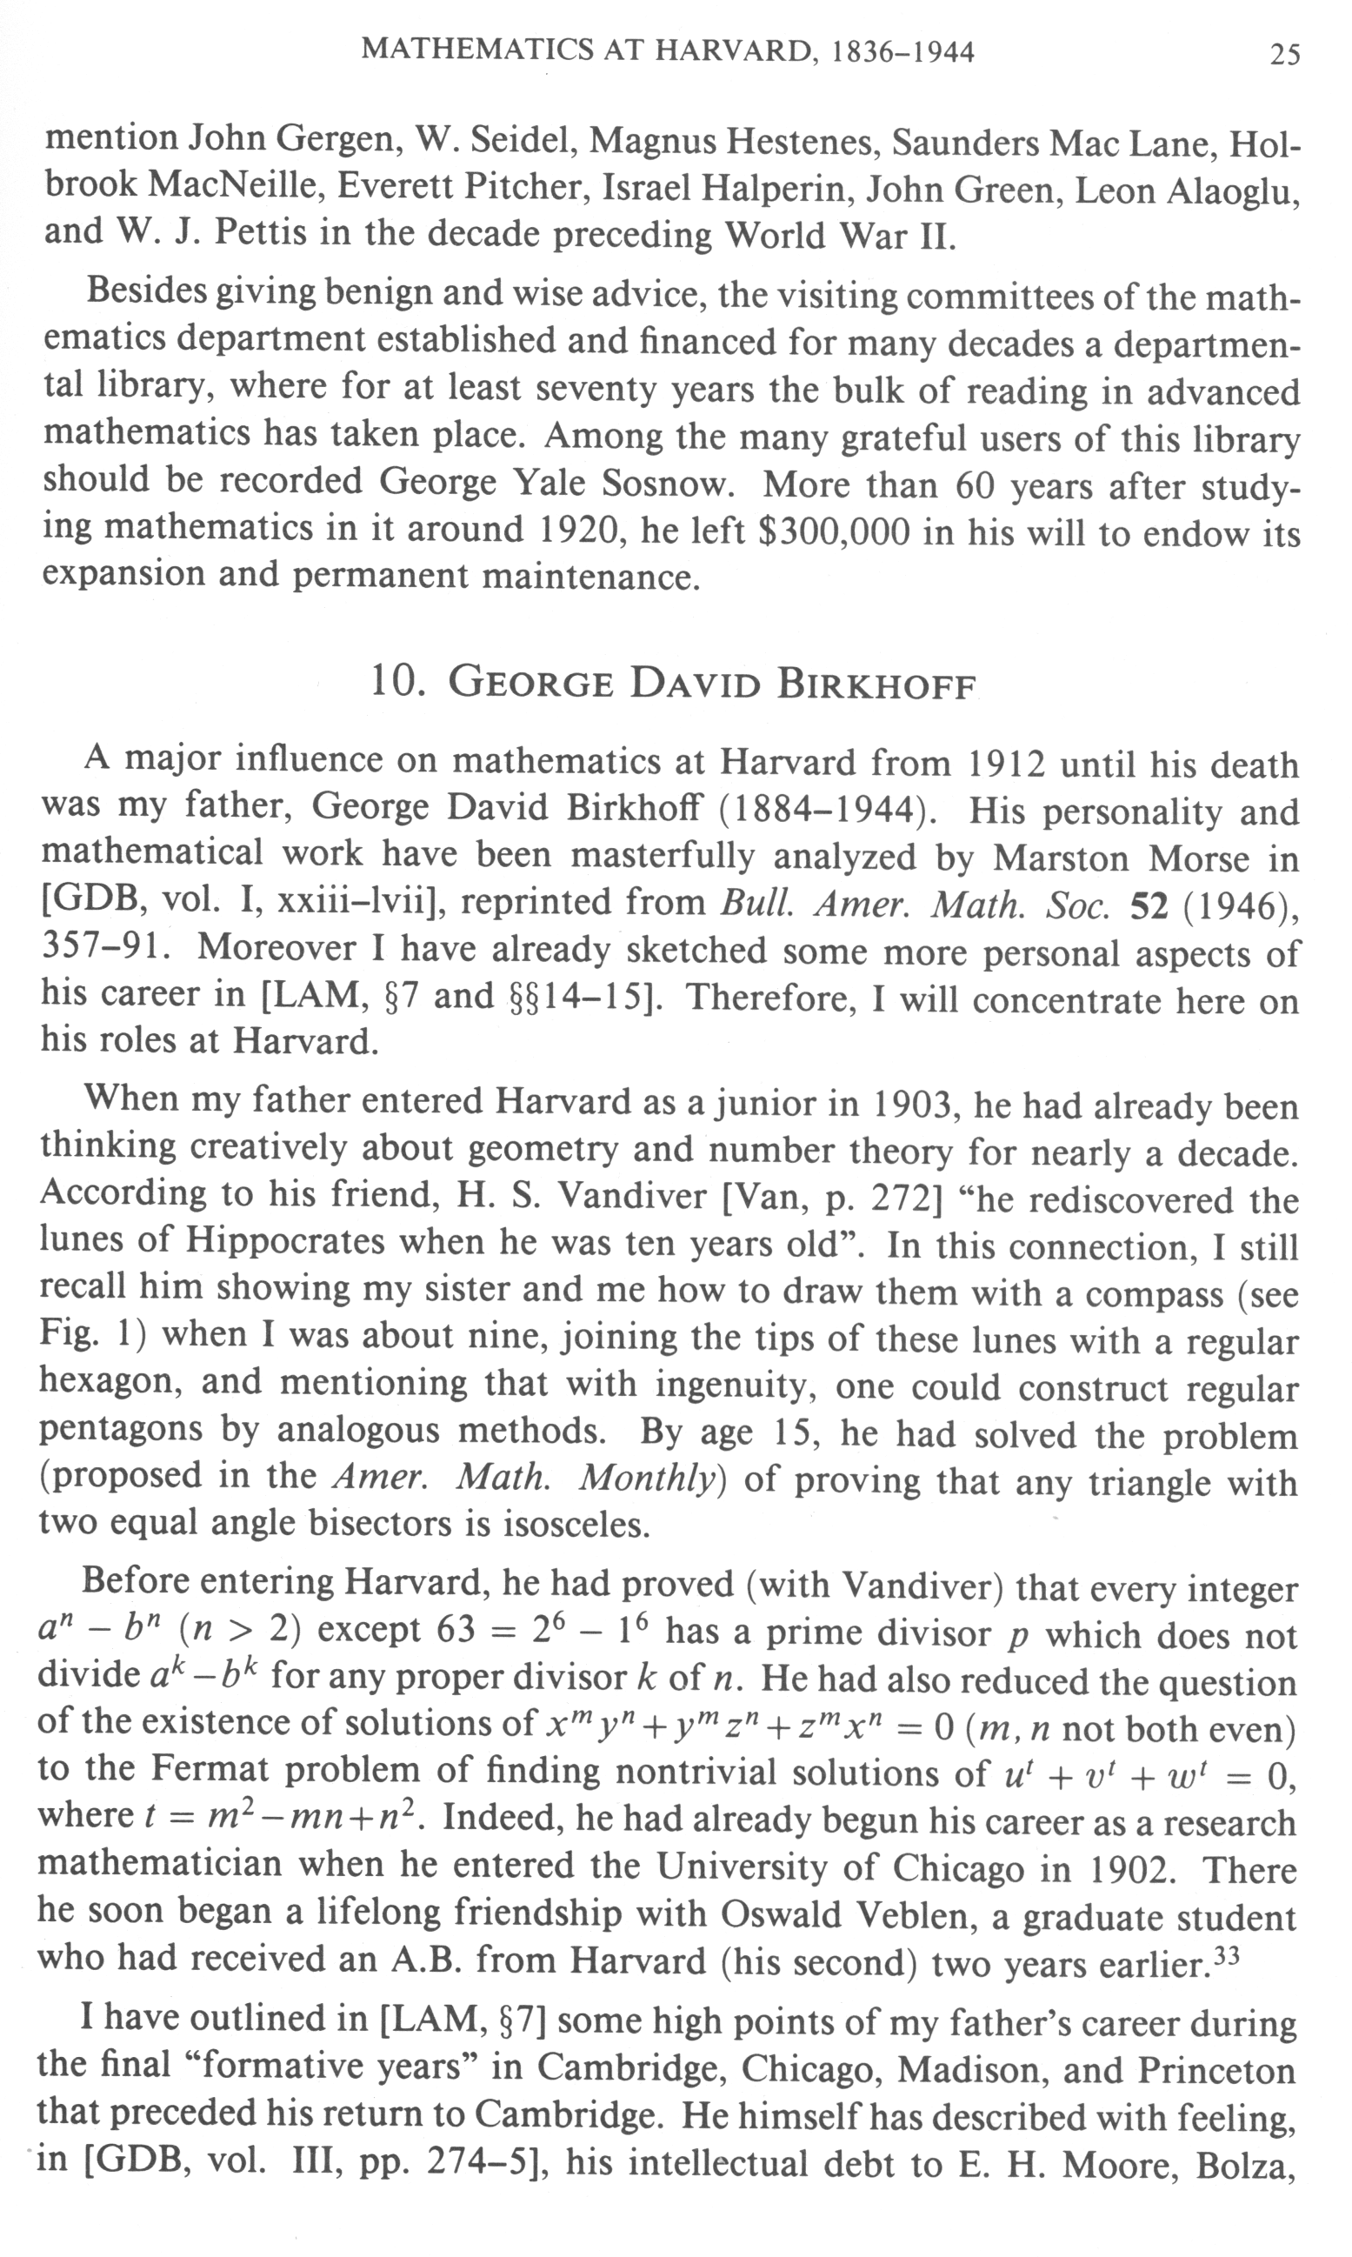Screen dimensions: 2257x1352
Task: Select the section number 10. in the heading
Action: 398,684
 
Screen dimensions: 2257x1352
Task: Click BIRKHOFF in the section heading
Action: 876,685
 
